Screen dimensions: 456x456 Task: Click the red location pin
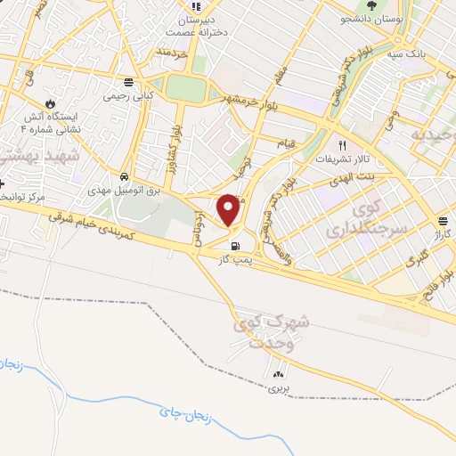click(x=229, y=210)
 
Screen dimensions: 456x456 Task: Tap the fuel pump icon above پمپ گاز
click(x=235, y=247)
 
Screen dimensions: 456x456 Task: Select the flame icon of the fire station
click(x=49, y=103)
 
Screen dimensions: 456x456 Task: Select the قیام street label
click(x=286, y=142)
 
